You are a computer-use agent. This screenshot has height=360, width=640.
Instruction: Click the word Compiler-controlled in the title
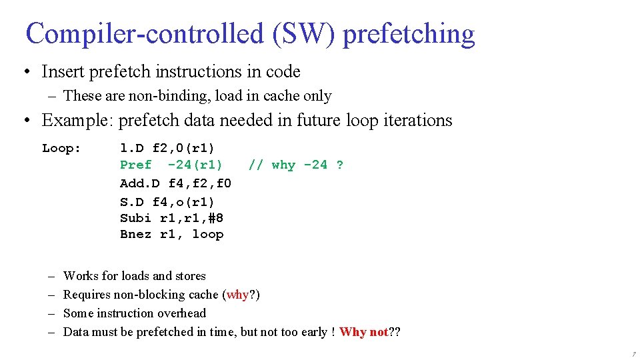click(x=145, y=33)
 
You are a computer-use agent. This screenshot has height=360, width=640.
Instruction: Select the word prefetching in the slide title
click(x=409, y=33)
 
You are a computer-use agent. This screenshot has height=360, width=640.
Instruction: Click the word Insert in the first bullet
click(x=63, y=71)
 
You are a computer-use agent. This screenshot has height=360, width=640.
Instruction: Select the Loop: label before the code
click(x=61, y=148)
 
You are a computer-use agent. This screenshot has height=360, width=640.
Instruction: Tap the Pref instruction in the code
click(x=136, y=165)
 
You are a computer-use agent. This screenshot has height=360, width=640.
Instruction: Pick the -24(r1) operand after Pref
click(x=195, y=165)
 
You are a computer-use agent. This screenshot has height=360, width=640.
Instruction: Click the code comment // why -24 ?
click(x=296, y=165)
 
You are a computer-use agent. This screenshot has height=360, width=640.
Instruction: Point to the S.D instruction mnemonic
click(x=132, y=201)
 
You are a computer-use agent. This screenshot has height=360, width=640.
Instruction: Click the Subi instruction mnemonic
click(x=136, y=218)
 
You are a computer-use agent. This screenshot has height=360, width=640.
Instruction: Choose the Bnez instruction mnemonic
click(x=136, y=234)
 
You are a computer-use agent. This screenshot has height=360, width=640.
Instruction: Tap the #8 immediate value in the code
click(x=215, y=218)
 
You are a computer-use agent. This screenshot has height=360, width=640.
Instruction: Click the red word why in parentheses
click(x=238, y=295)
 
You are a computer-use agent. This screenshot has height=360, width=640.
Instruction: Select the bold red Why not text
click(x=363, y=332)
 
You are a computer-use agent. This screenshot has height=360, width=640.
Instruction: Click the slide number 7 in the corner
click(x=633, y=354)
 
